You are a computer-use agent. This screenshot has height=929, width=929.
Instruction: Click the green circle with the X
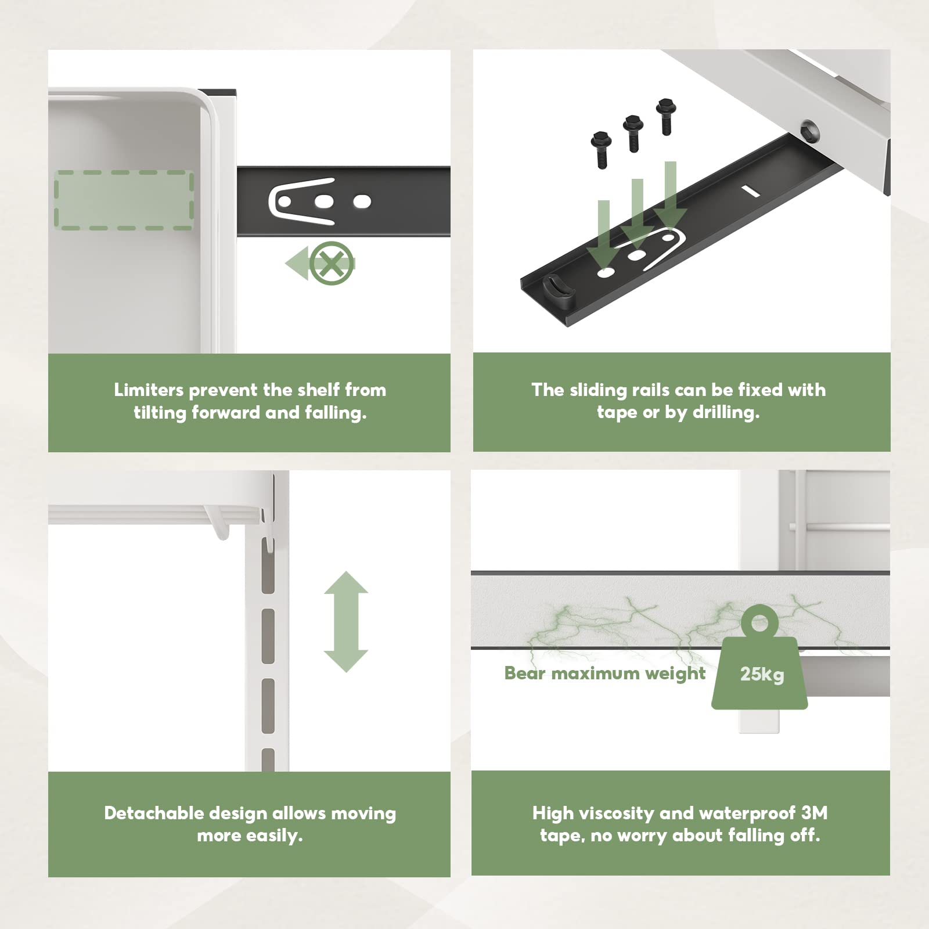(x=332, y=264)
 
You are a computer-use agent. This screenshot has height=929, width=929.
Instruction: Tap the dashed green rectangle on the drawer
(x=124, y=200)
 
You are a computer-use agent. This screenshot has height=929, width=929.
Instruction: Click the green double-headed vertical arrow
(x=346, y=621)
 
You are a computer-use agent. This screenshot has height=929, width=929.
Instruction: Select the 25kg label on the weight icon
(x=762, y=674)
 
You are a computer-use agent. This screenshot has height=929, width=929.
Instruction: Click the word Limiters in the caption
(x=149, y=390)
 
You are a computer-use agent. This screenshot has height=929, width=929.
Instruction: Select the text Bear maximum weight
(x=605, y=673)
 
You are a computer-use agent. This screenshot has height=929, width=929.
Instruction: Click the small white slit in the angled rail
(x=749, y=191)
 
